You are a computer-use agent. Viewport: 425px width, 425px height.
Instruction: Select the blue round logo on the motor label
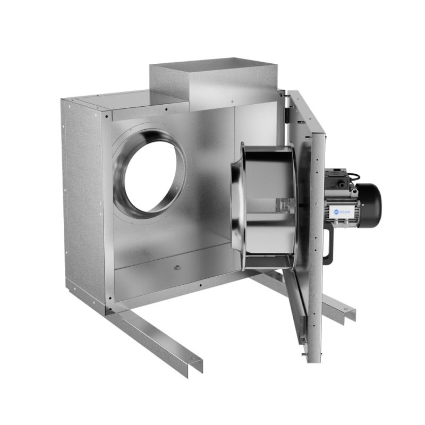(x=337, y=212)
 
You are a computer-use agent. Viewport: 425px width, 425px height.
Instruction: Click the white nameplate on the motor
(x=345, y=212)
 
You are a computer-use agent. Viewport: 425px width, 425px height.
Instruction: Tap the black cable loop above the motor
(x=353, y=175)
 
